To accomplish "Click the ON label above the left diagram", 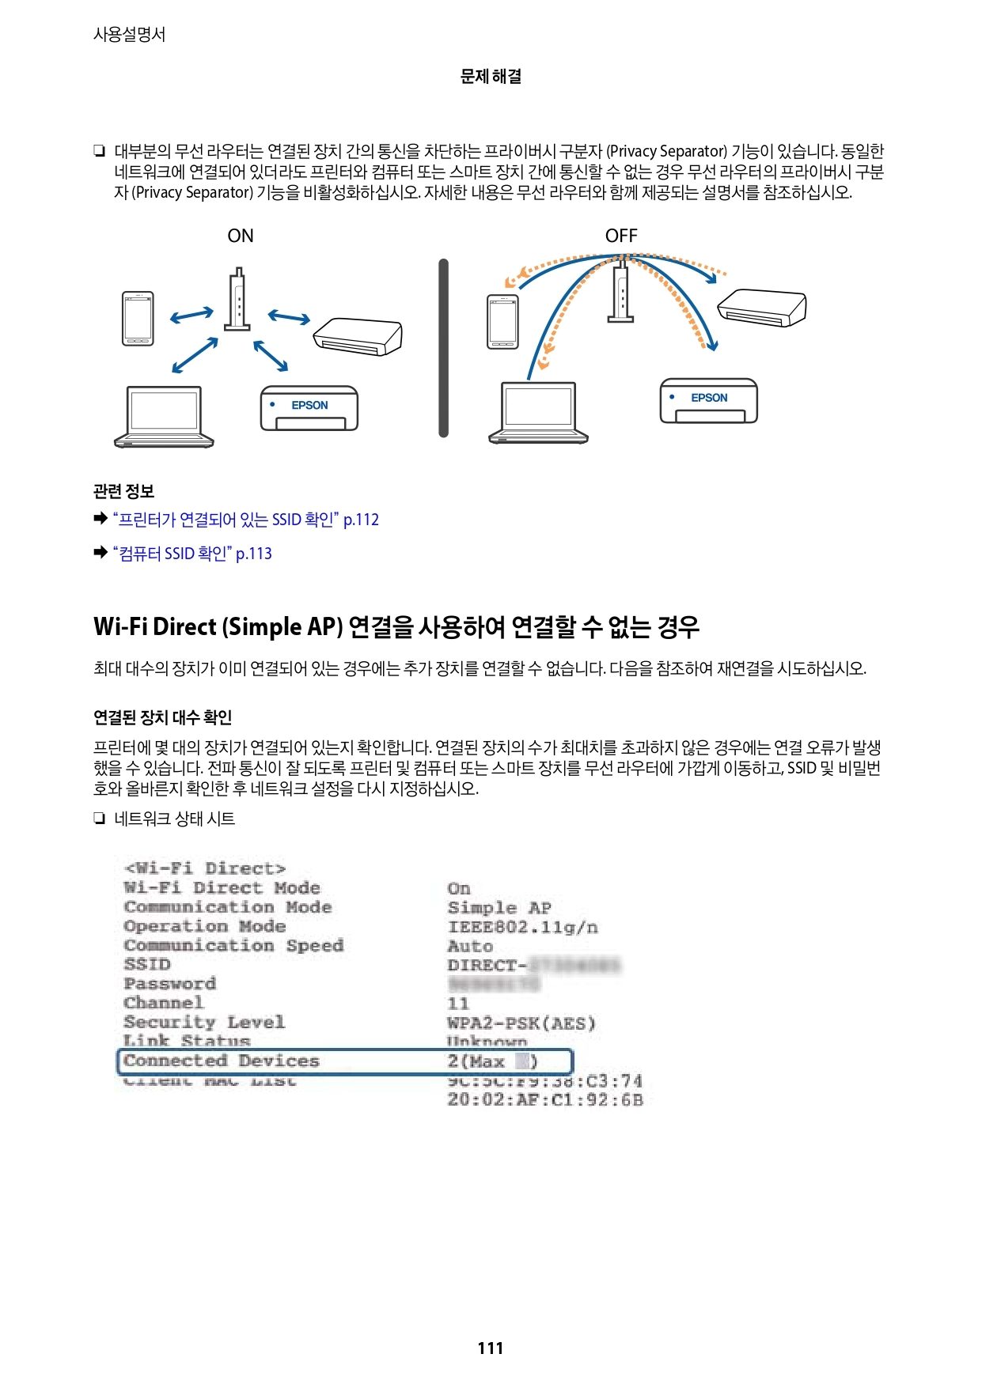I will (241, 236).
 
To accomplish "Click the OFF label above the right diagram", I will (621, 236).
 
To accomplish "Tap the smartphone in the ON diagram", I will (138, 319).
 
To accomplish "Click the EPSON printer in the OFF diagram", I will (708, 401).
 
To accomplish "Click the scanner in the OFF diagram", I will (761, 308).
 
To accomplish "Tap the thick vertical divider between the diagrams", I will (443, 348).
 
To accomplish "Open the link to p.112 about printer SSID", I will (246, 520).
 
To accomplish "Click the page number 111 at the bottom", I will (491, 1348).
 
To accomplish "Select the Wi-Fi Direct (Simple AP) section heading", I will (396, 627).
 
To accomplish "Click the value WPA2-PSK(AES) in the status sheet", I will (521, 1023).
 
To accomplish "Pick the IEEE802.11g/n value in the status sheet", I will (522, 927).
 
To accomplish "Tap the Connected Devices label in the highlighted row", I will (222, 1061).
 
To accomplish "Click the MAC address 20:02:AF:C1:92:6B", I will (544, 1099).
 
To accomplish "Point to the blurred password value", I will (494, 984).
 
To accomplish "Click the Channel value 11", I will (458, 1003).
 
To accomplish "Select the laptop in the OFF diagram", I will (538, 411).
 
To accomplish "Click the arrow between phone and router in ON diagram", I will (191, 316).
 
